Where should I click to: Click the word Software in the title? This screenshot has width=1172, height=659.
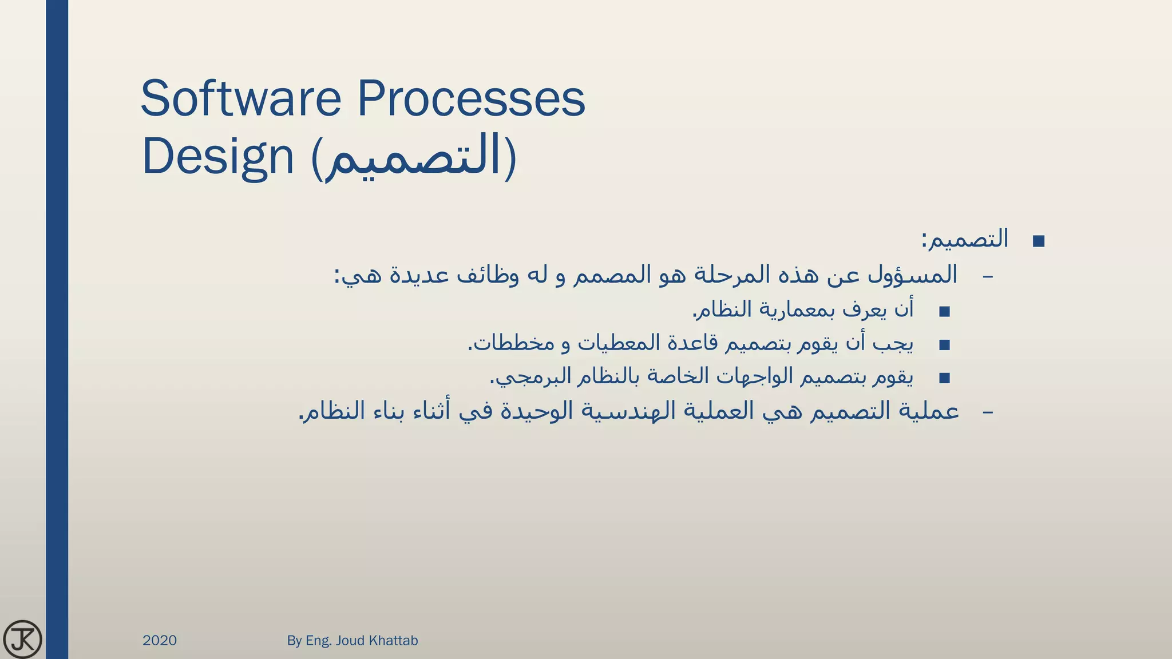[x=240, y=98]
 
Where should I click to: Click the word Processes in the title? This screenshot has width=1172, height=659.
[x=471, y=98]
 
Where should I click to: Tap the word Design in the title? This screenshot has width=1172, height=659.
[x=217, y=157]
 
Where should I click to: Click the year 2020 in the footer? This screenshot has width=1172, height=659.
[x=160, y=640]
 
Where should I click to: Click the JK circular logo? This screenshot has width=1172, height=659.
[x=22, y=639]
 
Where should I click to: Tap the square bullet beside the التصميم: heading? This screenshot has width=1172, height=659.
[x=1039, y=241]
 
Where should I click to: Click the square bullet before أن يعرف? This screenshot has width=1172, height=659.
[x=944, y=312]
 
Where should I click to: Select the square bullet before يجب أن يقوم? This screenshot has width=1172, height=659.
[x=944, y=345]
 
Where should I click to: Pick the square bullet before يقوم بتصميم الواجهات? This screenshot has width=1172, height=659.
[x=944, y=378]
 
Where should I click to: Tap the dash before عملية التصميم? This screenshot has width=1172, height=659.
[x=988, y=412]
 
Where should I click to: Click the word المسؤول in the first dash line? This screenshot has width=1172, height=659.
[x=912, y=275]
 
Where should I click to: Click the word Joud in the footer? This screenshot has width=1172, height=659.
[x=350, y=640]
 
